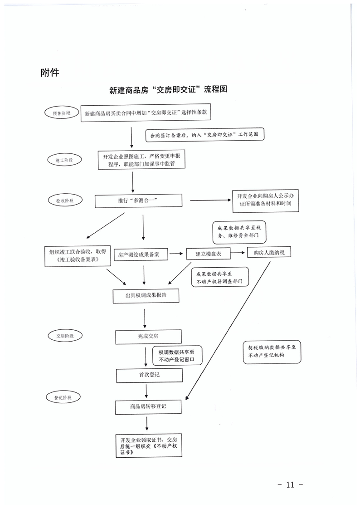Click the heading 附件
pos(50,72)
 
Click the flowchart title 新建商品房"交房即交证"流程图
pos(168,90)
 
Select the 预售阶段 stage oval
pos(62,113)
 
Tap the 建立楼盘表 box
pos(208,254)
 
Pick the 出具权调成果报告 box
pos(146,295)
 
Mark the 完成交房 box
pos(148,337)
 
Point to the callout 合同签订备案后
pos(204,135)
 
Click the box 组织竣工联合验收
pos(78,256)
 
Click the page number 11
pos(290,485)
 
